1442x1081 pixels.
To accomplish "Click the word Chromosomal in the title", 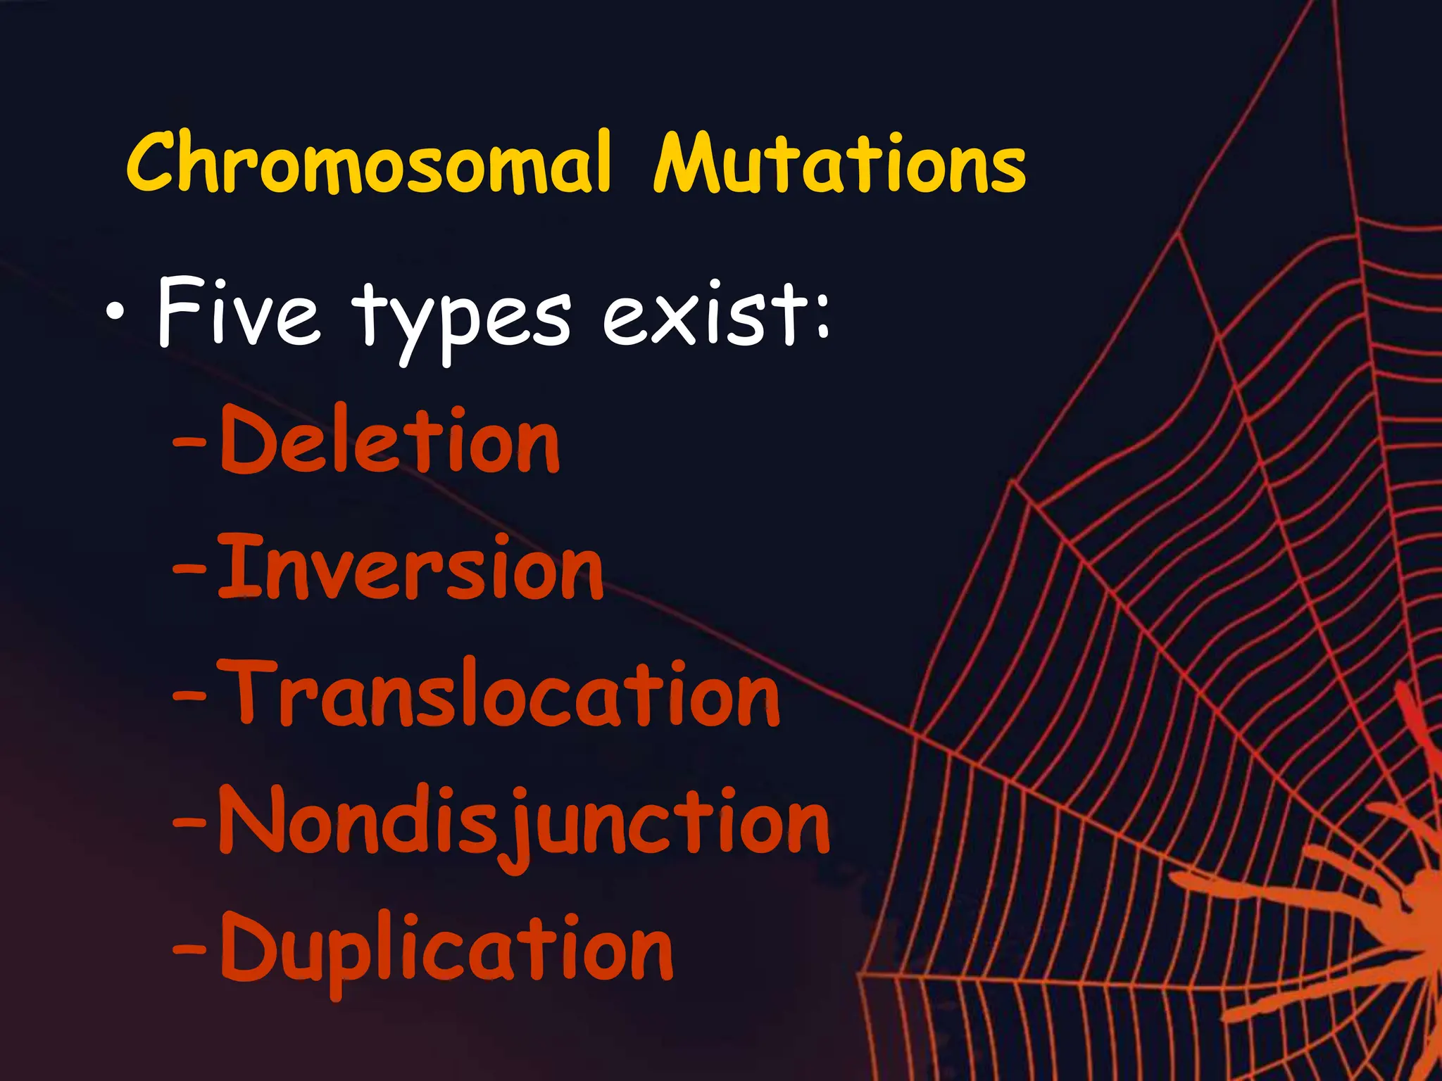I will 368,163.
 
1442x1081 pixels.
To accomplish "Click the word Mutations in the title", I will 839,163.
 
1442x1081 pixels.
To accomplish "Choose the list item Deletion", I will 389,440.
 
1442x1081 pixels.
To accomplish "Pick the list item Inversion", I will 410,567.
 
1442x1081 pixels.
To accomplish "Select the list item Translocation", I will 499,693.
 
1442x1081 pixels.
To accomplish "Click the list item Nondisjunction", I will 524,822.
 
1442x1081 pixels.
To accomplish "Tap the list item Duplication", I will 446,949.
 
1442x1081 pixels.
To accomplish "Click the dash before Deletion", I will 189,443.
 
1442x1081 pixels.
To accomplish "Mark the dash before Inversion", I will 189,570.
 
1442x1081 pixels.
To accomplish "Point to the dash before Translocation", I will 189,697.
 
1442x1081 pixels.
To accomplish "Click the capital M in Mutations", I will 691,163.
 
